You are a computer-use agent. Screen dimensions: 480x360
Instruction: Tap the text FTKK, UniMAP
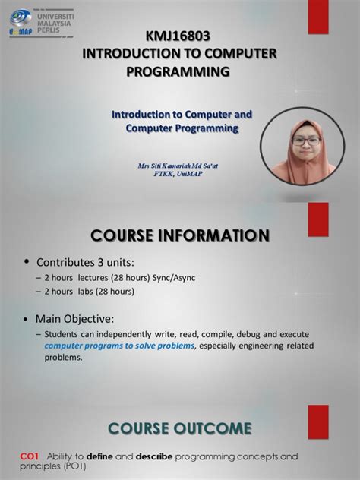(x=181, y=173)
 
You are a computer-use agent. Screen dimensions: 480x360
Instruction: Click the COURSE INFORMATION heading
(x=179, y=235)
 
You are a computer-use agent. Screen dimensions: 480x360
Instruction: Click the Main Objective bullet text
(x=74, y=318)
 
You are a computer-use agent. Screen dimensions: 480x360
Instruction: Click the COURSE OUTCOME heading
(x=179, y=428)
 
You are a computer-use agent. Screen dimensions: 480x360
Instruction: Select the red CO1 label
(x=30, y=456)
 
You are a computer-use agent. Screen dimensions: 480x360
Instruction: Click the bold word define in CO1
(x=99, y=456)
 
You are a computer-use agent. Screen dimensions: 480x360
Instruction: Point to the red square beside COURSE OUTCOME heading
(x=317, y=419)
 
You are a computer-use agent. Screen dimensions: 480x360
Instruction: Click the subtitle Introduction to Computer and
(x=182, y=114)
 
